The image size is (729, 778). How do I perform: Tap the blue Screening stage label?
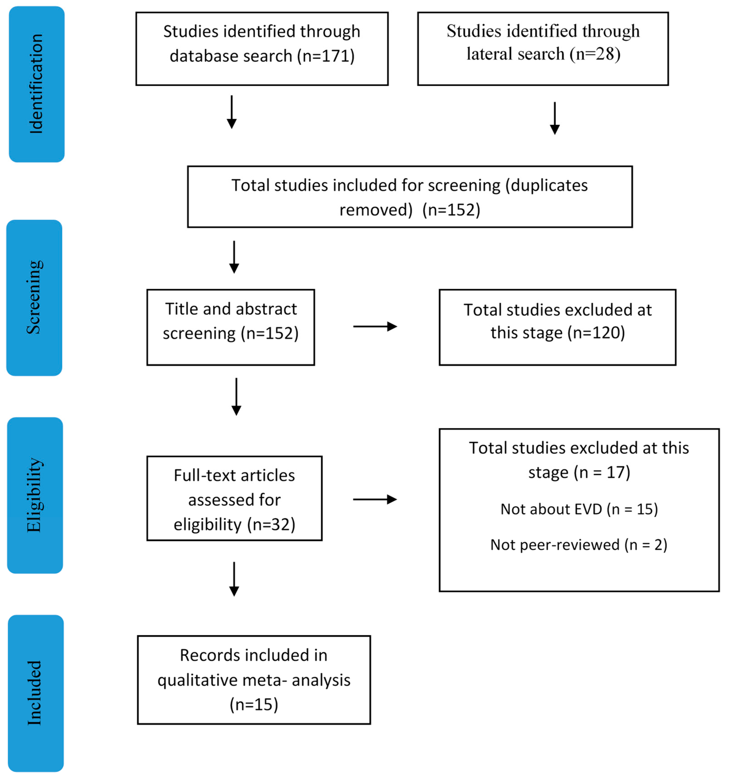(x=34, y=297)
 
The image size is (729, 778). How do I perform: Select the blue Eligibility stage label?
(x=35, y=495)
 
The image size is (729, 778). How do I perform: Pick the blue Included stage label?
(x=36, y=693)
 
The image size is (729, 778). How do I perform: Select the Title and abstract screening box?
(x=230, y=327)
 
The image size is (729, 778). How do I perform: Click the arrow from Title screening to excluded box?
(x=375, y=326)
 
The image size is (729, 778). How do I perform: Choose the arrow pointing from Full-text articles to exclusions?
(x=374, y=499)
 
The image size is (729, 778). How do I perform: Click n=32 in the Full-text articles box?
(x=271, y=525)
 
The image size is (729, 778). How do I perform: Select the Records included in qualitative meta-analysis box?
(x=254, y=680)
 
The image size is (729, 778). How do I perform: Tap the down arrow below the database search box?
(x=232, y=112)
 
